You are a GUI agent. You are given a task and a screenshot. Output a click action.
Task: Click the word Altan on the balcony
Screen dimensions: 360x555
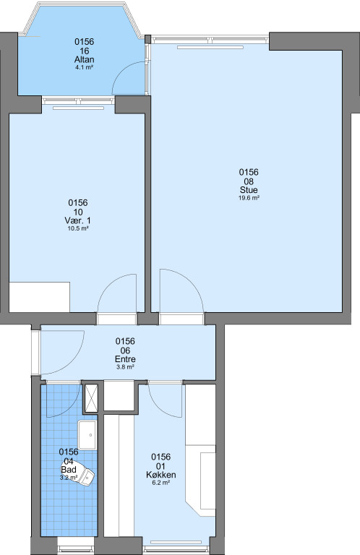(85, 59)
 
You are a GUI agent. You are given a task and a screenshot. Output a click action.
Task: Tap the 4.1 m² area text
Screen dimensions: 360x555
(85, 67)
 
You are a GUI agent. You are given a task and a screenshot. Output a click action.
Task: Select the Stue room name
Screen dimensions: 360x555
(249, 190)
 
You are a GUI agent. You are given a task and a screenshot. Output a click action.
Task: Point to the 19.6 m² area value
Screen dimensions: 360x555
(249, 198)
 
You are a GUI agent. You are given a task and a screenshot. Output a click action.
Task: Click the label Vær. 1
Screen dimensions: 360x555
(78, 220)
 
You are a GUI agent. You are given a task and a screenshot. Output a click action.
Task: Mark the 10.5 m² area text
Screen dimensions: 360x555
(78, 228)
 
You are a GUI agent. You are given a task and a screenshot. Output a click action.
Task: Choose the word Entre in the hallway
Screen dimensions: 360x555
(125, 359)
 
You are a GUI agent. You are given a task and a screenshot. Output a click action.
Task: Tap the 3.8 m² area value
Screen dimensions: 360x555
(125, 367)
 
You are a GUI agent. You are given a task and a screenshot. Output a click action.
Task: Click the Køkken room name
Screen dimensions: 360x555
(161, 475)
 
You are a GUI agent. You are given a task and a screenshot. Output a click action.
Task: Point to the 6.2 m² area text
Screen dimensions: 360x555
(161, 483)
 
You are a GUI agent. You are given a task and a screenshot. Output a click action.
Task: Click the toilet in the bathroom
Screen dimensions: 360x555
(85, 475)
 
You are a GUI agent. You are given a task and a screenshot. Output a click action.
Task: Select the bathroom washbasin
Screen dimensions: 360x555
(87, 435)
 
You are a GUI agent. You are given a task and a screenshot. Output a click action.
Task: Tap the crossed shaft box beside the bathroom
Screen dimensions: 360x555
(90, 398)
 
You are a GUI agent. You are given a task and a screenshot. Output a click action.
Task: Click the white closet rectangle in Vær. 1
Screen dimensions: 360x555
(39, 297)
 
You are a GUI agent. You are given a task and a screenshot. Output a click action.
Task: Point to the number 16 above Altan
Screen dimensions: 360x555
(85, 51)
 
